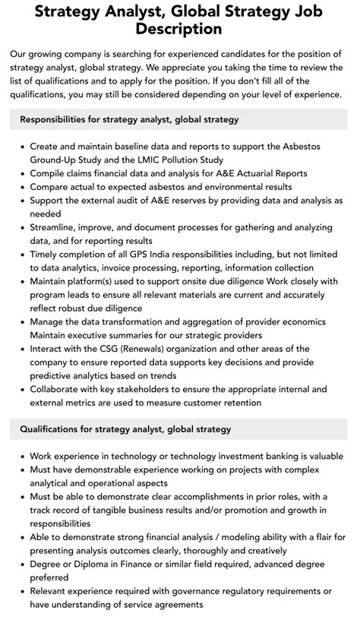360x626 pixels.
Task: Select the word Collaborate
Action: pos(61,389)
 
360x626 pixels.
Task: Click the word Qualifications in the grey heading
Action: pos(53,429)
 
